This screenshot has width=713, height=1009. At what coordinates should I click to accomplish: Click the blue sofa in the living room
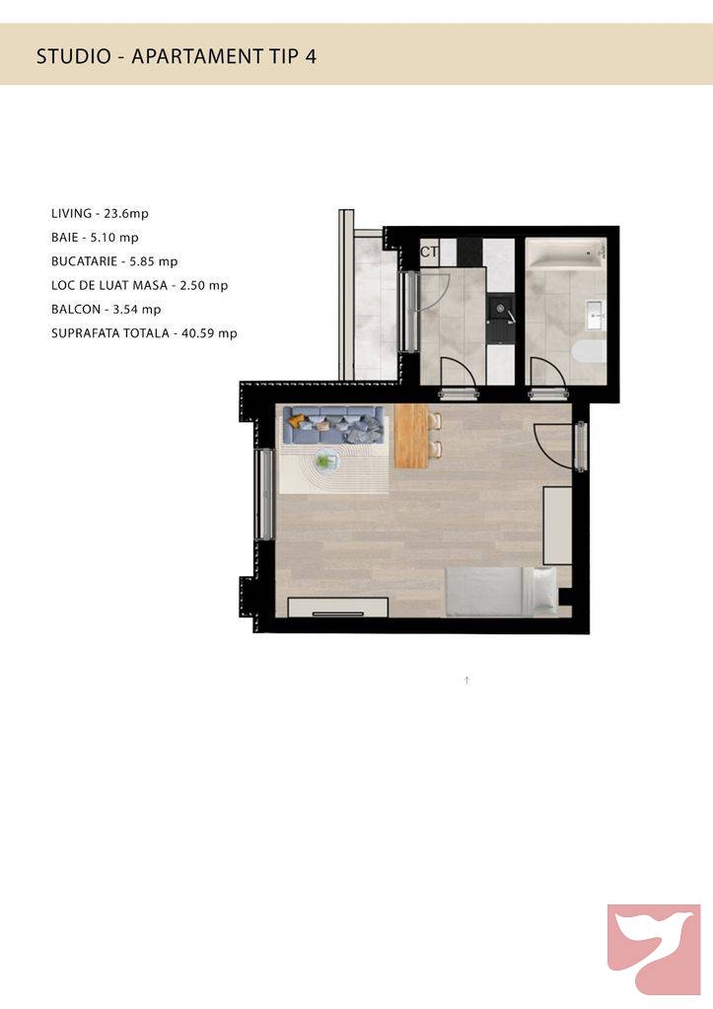[333, 424]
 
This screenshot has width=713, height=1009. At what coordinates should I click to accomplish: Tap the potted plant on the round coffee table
[324, 461]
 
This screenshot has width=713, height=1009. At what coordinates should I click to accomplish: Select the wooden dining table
[412, 436]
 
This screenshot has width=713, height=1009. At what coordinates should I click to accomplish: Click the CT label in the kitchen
[429, 252]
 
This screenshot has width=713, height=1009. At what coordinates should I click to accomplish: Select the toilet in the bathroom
[588, 352]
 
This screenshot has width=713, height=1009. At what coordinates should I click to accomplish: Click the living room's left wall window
[263, 493]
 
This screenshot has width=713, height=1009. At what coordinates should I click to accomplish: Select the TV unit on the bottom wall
[338, 607]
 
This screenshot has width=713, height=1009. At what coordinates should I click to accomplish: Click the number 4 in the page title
[312, 56]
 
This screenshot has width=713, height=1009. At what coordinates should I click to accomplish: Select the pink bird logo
[654, 950]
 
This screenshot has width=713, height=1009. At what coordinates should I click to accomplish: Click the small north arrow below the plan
[467, 681]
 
